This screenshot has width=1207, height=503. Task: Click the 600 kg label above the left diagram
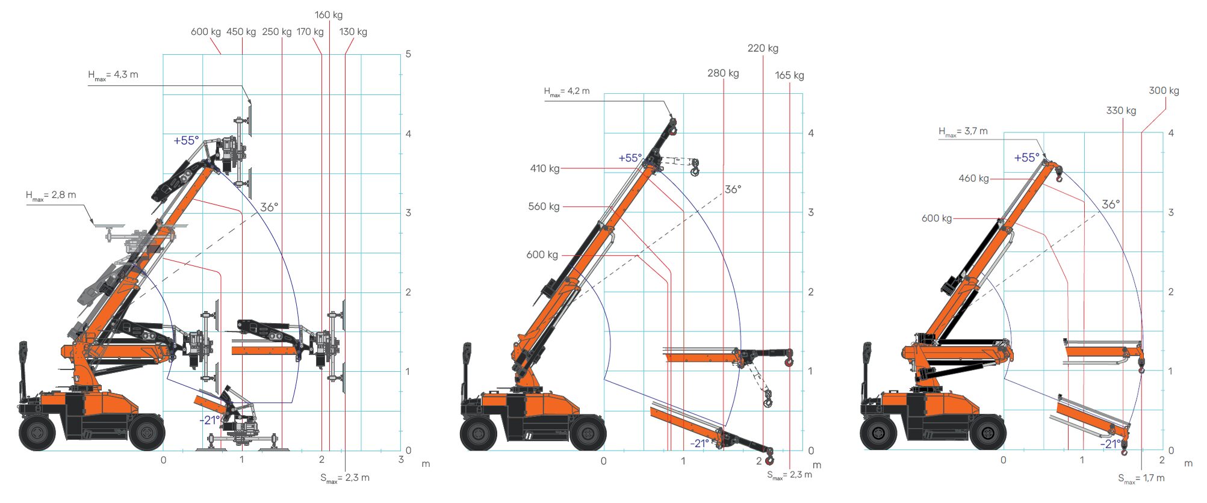point(206,32)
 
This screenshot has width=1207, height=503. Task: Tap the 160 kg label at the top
point(329,15)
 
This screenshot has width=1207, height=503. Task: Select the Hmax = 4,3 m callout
point(113,75)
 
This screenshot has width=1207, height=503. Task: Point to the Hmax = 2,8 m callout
point(51,196)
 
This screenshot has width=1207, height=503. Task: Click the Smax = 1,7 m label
point(1141,478)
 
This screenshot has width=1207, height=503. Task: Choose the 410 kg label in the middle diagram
point(545,168)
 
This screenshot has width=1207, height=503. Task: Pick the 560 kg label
point(544,207)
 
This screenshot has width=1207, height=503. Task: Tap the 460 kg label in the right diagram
point(973,179)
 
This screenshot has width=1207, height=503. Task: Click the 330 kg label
point(1121,111)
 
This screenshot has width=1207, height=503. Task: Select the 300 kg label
point(1164,91)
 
